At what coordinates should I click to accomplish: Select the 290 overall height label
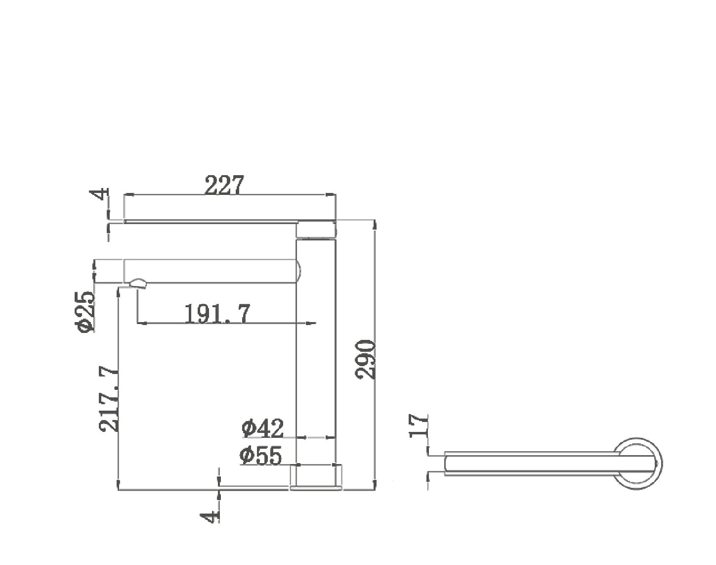pos(366,359)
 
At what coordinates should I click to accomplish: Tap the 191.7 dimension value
pos(217,313)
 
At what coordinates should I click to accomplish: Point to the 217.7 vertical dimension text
pos(109,399)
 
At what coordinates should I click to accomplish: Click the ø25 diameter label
pos(84,311)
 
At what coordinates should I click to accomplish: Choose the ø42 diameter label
pos(263,428)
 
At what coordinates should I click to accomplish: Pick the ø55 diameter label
pos(261,456)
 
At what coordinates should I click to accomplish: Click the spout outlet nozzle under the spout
pos(138,283)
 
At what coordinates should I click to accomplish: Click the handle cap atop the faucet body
pos(316,230)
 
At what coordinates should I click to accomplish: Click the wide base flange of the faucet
pos(316,477)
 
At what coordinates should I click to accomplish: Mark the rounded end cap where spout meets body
pos(298,271)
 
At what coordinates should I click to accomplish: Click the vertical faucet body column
pos(316,346)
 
